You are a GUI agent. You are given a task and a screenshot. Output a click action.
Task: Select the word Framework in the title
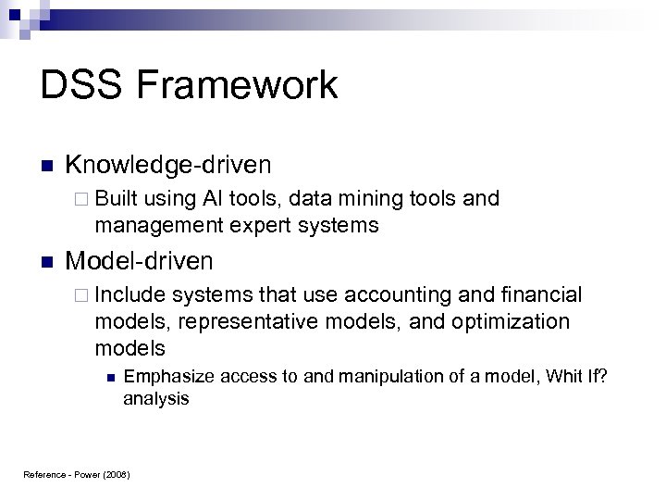241,86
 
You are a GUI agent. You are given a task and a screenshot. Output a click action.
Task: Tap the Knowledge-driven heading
168,166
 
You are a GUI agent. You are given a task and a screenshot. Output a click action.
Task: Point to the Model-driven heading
140,261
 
